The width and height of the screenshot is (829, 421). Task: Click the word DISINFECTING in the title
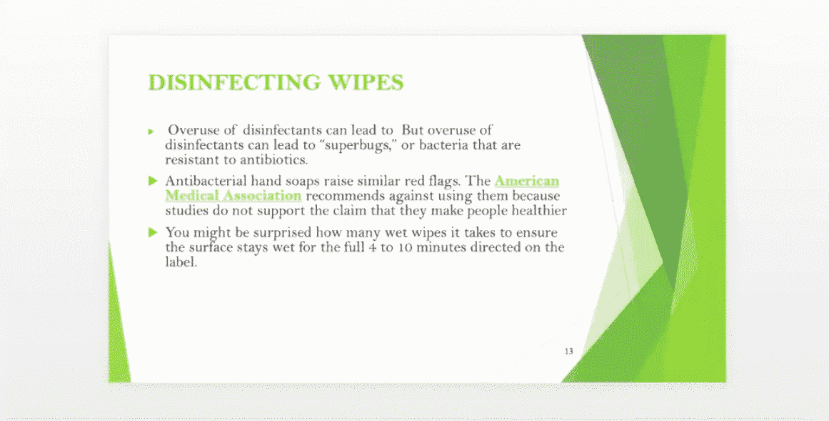click(234, 83)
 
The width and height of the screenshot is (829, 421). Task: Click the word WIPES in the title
click(366, 83)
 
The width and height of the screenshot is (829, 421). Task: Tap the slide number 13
click(569, 351)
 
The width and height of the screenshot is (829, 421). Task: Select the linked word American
click(526, 181)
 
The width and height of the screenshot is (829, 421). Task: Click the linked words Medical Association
click(233, 196)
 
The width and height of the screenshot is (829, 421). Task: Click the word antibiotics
click(274, 159)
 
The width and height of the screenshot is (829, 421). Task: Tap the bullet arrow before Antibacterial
click(154, 181)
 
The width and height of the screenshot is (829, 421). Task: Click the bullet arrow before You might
click(154, 232)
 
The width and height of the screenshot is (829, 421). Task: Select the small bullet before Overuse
click(151, 132)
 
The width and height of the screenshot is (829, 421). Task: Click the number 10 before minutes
click(405, 247)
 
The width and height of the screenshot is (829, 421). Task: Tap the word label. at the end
click(181, 262)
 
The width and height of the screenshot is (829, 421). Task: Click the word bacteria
click(442, 145)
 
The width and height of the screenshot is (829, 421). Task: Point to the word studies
click(186, 211)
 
